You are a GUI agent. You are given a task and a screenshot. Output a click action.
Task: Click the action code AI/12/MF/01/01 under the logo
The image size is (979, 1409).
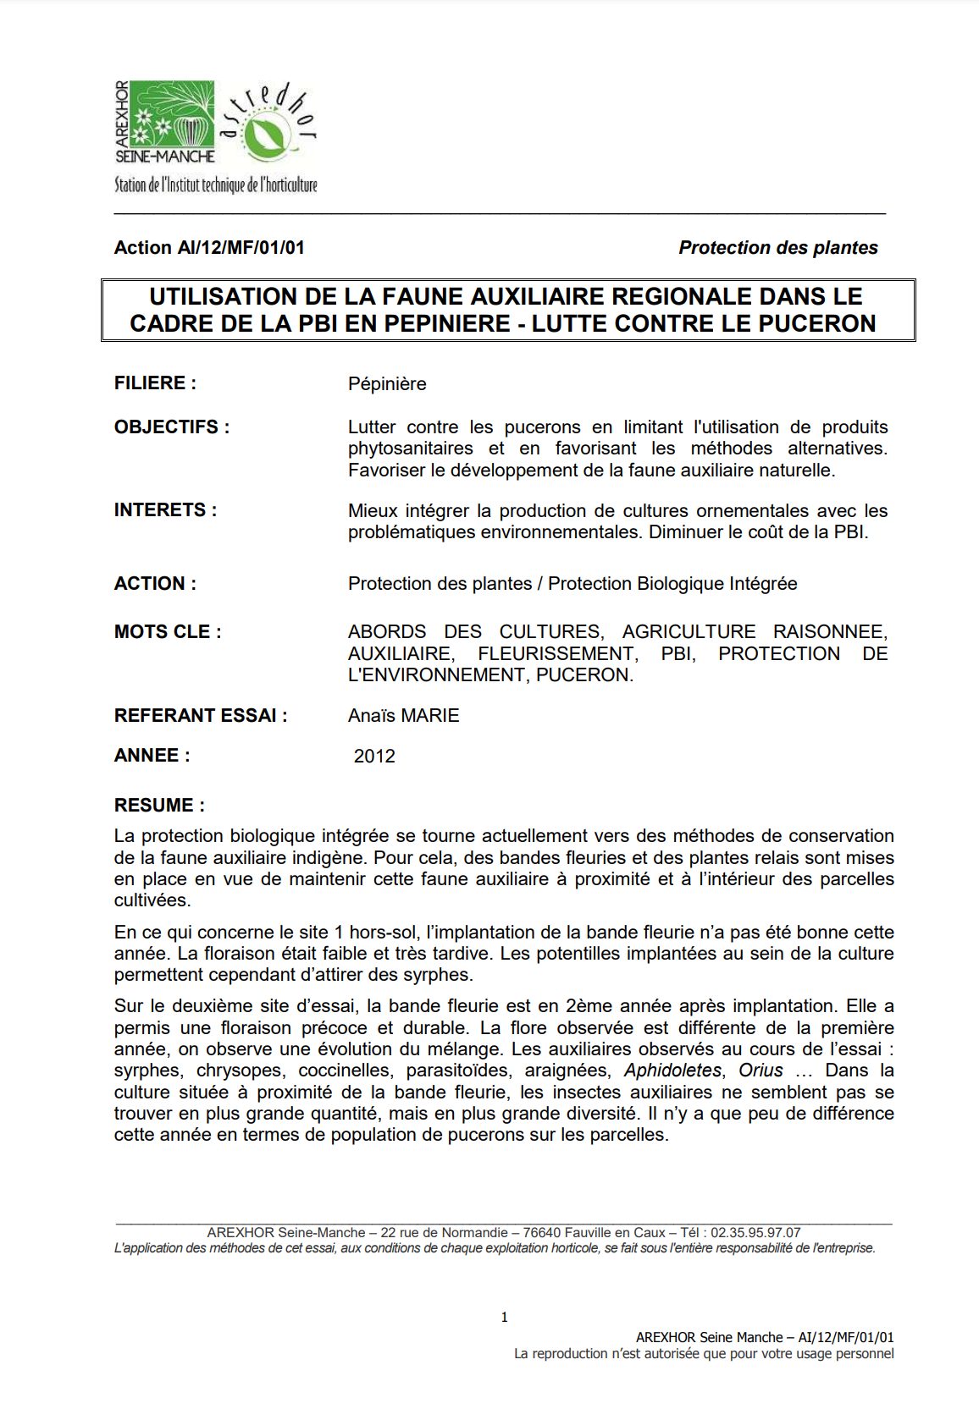241,248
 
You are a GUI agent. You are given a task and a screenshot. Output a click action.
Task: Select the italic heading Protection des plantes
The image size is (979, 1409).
777,248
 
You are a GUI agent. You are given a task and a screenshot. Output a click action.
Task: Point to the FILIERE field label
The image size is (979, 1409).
155,383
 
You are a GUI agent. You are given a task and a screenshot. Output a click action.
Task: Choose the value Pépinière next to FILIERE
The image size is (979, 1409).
387,384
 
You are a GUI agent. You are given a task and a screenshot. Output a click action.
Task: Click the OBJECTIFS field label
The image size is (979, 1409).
171,427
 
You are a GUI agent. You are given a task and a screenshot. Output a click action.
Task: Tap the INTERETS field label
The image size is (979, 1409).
165,510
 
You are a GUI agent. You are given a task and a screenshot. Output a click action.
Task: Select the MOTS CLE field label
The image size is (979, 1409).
168,632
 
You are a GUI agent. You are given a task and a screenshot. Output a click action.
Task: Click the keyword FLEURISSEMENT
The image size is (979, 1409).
556,654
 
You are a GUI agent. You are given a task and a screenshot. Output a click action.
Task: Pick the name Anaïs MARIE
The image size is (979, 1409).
403,716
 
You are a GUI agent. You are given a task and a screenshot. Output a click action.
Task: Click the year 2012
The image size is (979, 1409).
374,757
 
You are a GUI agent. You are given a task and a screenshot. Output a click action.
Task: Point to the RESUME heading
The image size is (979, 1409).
159,806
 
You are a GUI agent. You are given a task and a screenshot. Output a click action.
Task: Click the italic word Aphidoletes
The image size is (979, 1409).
672,1071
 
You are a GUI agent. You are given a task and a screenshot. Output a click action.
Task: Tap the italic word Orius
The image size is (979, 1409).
761,1071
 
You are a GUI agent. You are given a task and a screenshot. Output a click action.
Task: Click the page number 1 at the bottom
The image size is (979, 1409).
505,1318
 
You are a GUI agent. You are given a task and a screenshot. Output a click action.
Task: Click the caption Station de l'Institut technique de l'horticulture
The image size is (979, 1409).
216,185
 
